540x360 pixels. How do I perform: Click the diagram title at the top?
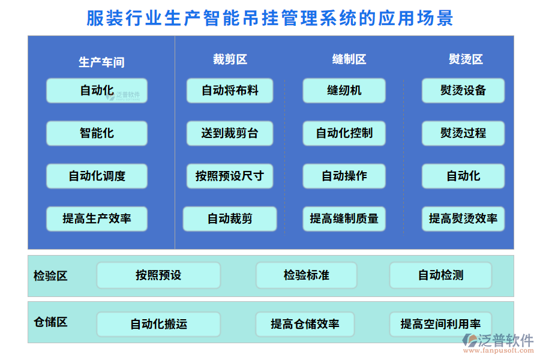[x=270, y=18]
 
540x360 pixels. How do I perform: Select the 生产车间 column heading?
[x=101, y=62]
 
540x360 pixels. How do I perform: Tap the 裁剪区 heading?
[x=230, y=59]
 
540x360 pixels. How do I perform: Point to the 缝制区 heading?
[x=349, y=59]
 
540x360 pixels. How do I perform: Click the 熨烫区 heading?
[x=466, y=59]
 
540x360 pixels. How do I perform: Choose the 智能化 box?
[x=97, y=133]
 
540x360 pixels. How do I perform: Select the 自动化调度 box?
[x=97, y=176]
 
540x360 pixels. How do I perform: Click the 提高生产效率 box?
[x=97, y=219]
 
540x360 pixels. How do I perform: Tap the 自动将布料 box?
[x=230, y=91]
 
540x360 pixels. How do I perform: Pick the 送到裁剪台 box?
[x=230, y=133]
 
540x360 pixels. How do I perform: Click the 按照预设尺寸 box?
[x=230, y=176]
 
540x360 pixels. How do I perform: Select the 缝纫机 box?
[x=344, y=91]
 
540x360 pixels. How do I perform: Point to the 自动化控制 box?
[x=344, y=133]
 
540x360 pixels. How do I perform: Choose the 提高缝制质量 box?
[x=344, y=219]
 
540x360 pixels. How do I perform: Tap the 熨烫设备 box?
[x=463, y=91]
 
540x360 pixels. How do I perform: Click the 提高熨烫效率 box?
[x=463, y=219]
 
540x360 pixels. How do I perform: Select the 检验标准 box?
[x=307, y=275]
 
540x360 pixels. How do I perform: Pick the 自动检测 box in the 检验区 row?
[x=440, y=275]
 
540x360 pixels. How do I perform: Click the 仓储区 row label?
[x=50, y=322]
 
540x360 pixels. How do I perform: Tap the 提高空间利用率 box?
[x=440, y=324]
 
